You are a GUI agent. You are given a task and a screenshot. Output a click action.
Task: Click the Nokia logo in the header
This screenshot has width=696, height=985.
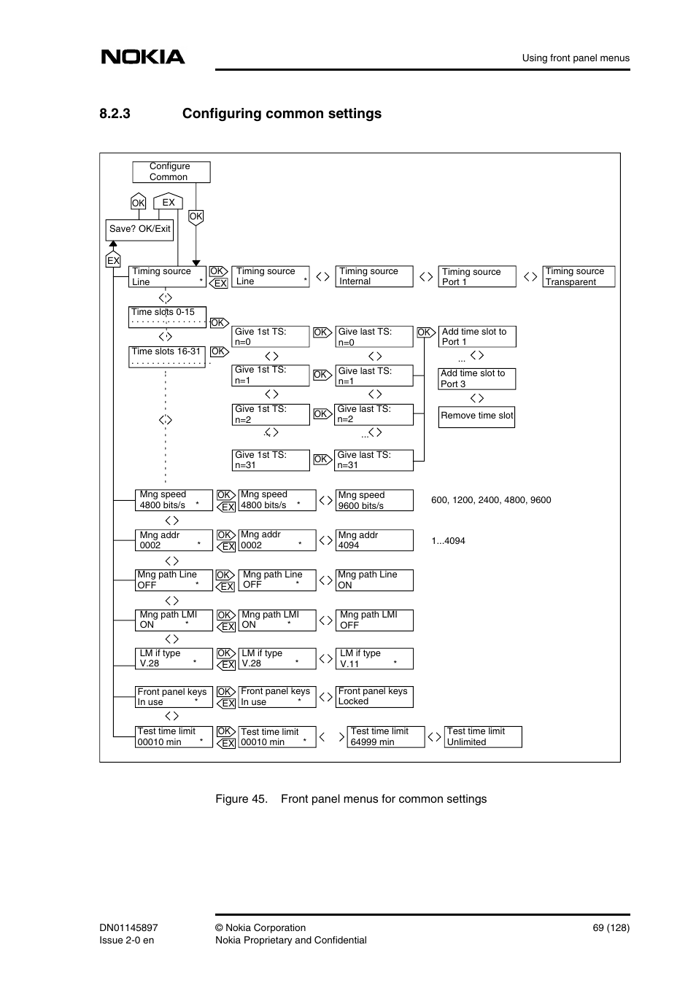tap(143, 57)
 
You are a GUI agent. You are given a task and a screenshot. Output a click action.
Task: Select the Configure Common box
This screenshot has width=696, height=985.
tap(171, 172)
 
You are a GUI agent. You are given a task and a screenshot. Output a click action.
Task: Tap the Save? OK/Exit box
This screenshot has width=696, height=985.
tap(140, 230)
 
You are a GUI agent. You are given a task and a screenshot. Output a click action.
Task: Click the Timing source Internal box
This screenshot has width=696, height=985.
tap(374, 276)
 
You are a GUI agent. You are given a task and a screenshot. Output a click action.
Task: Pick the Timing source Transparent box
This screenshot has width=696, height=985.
tap(579, 277)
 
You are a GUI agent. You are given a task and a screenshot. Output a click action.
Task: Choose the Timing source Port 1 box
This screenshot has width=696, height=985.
tap(476, 277)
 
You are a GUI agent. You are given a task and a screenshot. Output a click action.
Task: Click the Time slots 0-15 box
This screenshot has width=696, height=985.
tap(167, 317)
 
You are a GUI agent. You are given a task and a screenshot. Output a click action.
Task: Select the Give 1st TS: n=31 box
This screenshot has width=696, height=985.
tap(271, 460)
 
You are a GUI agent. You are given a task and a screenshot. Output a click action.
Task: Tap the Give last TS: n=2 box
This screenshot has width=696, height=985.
tap(373, 414)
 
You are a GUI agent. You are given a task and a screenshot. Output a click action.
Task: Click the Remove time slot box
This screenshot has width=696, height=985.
tap(476, 416)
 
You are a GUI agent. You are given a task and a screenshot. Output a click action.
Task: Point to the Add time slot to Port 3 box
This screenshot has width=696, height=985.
tap(476, 378)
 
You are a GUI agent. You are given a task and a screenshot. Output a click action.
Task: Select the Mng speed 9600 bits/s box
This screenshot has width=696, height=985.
tap(374, 500)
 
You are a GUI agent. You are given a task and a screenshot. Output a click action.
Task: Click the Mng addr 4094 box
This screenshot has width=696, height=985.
tap(374, 540)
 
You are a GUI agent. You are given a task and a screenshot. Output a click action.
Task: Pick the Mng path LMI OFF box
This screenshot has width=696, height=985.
tap(374, 620)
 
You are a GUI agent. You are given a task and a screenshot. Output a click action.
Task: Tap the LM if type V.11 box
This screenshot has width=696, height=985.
tap(374, 658)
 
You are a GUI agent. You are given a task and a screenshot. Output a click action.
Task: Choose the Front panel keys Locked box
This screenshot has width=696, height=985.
tap(374, 696)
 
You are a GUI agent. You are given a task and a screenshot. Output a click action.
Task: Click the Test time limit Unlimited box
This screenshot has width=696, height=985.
tap(482, 736)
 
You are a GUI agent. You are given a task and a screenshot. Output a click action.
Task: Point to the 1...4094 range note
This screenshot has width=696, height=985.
tap(448, 541)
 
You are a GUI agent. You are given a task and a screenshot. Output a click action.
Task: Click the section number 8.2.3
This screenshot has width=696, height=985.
tap(115, 114)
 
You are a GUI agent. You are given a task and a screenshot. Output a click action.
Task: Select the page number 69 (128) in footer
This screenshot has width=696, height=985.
tap(611, 928)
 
